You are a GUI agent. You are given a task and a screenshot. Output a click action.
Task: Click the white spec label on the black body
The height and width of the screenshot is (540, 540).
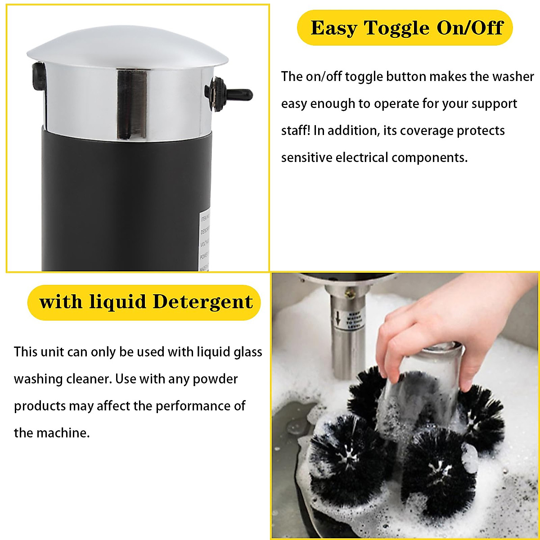pyautogui.click(x=205, y=241)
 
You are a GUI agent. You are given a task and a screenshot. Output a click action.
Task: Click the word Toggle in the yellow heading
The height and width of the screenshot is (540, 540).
pyautogui.click(x=396, y=28)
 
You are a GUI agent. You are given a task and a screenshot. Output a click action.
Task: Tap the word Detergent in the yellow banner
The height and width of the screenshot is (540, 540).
pyautogui.click(x=202, y=302)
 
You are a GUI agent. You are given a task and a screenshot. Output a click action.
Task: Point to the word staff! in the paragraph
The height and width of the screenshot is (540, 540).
pyautogui.click(x=296, y=130)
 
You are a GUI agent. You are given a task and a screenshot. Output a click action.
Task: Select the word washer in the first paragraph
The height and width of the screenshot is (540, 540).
pyautogui.click(x=513, y=76)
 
